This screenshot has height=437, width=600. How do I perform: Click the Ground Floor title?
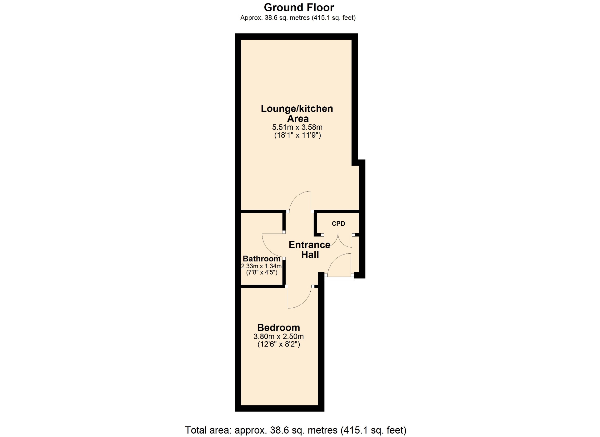[299, 7]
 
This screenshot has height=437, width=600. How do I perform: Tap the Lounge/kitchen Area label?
[297, 114]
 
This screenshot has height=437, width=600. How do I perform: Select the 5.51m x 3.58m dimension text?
[297, 127]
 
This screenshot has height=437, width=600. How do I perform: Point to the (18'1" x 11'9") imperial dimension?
[297, 135]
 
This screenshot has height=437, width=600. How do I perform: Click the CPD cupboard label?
[338, 224]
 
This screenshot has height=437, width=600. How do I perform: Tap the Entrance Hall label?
[310, 249]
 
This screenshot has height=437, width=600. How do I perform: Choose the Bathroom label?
[262, 259]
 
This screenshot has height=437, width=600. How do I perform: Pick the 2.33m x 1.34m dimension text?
[261, 266]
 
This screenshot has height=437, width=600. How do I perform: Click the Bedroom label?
[278, 327]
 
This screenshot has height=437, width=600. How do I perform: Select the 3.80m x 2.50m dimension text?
[278, 337]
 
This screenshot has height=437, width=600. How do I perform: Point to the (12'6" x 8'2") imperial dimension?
[279, 344]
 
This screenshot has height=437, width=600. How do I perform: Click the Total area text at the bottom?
[296, 430]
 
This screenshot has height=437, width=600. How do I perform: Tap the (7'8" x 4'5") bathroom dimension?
[262, 272]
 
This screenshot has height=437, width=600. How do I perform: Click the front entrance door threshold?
[339, 279]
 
